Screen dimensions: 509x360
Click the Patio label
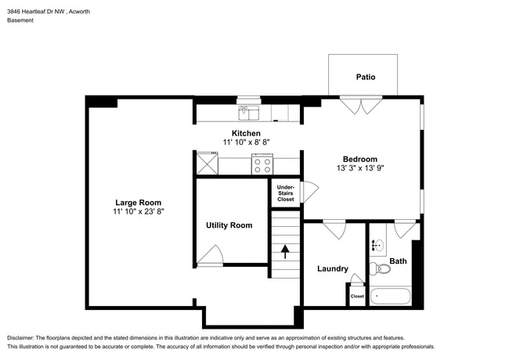pos(366,77)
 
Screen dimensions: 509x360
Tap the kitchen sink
pos(249,113)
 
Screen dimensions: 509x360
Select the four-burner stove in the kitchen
pos(262,164)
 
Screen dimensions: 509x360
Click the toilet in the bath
pos(380,268)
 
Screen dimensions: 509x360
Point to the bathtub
pos(391,296)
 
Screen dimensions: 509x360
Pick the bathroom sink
pos(378,246)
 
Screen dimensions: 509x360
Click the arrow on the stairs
pos(285,252)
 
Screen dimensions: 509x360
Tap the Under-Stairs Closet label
pos(286,193)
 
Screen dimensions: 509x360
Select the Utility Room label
pos(229,225)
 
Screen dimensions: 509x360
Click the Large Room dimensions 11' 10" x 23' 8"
pos(139,211)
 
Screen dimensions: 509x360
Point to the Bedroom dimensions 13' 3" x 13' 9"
pos(360,168)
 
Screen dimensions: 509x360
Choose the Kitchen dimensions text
pos(247,142)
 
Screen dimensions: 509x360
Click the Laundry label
pos(333,268)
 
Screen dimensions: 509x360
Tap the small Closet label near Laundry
pos(357,296)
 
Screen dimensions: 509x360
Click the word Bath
pos(398,261)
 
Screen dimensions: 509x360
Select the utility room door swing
pos(211,256)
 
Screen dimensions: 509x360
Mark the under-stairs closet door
pos(309,192)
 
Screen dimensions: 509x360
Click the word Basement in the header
pos(20,20)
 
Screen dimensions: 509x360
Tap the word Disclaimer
pos(20,338)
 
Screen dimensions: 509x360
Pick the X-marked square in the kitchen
pos(207,164)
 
